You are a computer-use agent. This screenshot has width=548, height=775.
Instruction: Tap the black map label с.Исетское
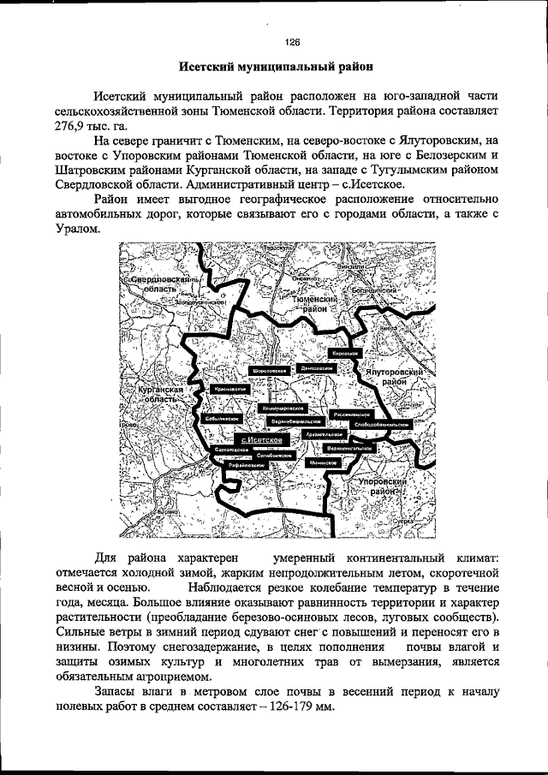click(261, 439)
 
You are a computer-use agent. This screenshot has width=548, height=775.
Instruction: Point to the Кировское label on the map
click(343, 353)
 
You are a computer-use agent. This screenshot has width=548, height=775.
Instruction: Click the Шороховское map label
click(268, 371)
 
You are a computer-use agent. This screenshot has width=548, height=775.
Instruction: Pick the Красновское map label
click(226, 389)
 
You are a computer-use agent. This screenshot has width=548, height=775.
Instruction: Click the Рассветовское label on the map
click(351, 413)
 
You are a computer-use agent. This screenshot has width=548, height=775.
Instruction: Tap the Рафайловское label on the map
click(240, 464)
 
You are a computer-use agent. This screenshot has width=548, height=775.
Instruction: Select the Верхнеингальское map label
click(349, 447)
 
